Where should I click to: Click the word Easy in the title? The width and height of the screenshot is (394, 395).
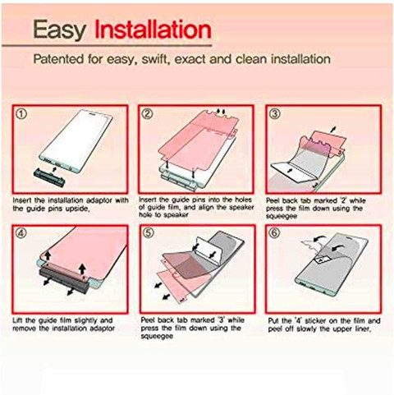click(x=60, y=30)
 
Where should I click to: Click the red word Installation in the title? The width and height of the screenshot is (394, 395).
click(x=153, y=29)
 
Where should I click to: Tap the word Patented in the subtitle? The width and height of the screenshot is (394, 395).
click(x=58, y=59)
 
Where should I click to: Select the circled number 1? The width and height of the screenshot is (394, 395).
click(x=22, y=114)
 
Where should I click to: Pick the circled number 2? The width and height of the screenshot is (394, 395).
click(x=148, y=113)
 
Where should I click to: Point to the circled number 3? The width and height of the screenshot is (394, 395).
click(x=275, y=113)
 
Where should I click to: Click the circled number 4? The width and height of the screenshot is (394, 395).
click(x=22, y=233)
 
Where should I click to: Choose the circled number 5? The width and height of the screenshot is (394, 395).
click(x=149, y=233)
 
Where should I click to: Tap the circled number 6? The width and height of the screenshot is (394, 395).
click(x=275, y=233)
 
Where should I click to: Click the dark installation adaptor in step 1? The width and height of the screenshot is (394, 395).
click(x=49, y=177)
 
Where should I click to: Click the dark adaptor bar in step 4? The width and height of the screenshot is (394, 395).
click(x=64, y=281)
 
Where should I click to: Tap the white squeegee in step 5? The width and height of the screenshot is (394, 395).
click(x=208, y=250)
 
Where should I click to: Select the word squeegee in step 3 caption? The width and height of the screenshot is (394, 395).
click(x=282, y=216)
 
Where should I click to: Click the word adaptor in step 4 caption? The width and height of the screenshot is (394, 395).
click(x=103, y=328)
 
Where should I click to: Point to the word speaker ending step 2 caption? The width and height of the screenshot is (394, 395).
click(x=176, y=215)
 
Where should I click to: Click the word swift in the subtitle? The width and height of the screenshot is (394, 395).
click(x=153, y=59)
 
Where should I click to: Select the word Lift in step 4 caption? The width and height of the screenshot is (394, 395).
click(x=18, y=320)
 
